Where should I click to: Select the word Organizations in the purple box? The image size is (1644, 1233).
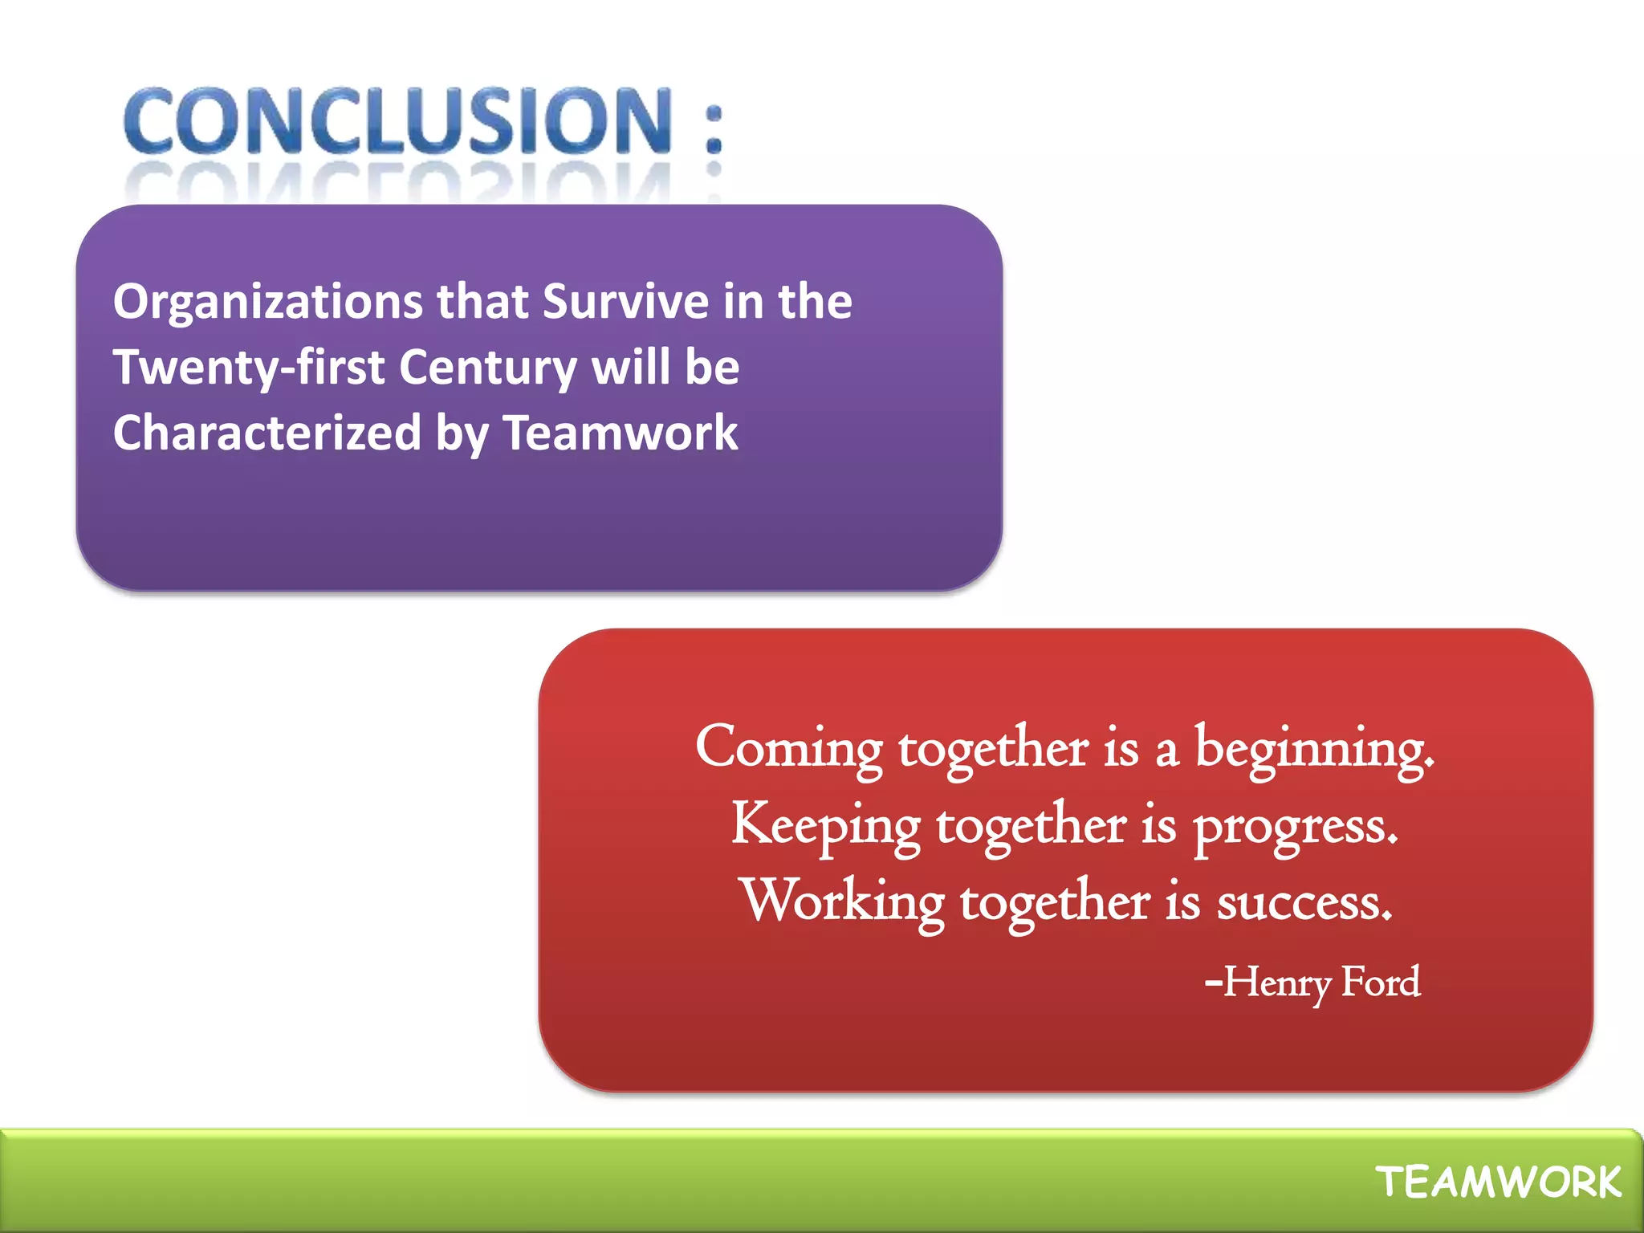(x=267, y=303)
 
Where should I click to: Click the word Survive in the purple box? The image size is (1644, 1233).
(x=625, y=302)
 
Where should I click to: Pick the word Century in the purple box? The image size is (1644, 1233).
(x=487, y=368)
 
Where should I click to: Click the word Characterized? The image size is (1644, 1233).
(x=267, y=433)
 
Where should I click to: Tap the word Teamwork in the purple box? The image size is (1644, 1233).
(x=620, y=433)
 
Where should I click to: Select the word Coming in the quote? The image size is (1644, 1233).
(x=788, y=748)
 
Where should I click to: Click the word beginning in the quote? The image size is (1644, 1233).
(x=1313, y=748)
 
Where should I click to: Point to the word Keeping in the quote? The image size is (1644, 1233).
(x=825, y=825)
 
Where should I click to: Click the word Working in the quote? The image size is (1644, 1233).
(x=842, y=901)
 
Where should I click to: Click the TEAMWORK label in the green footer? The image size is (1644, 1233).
(x=1498, y=1182)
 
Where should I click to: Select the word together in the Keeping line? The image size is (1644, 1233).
(x=1031, y=825)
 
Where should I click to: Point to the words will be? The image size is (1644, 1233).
(x=665, y=368)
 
